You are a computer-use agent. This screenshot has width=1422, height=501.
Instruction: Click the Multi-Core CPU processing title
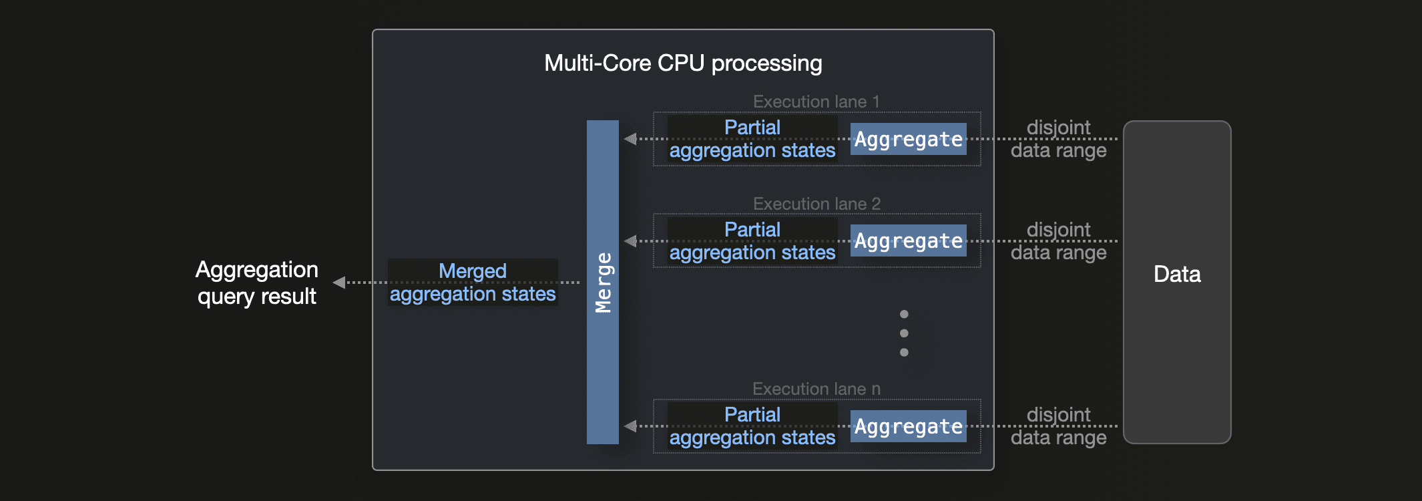pyautogui.click(x=683, y=63)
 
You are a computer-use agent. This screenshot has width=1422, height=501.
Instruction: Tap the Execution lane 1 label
pyautogui.click(x=816, y=102)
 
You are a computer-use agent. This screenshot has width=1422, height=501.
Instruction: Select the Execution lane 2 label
pyautogui.click(x=816, y=204)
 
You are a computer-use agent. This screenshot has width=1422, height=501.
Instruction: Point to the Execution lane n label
pyautogui.click(x=816, y=389)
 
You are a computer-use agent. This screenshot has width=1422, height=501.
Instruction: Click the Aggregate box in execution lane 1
pyautogui.click(x=908, y=139)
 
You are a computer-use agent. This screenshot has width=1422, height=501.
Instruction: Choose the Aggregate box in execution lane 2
pyautogui.click(x=908, y=241)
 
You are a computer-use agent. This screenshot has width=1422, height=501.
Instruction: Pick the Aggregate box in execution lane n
pyautogui.click(x=908, y=426)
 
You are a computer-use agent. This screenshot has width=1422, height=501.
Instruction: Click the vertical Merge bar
pyautogui.click(x=602, y=282)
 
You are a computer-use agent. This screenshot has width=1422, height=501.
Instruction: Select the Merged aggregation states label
pyautogui.click(x=473, y=283)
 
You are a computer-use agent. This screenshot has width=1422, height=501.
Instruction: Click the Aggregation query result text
pyautogui.click(x=257, y=283)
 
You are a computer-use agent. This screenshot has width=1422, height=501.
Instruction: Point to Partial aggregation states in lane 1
pyautogui.click(x=752, y=139)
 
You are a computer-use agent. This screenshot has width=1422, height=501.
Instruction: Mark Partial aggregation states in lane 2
pyautogui.click(x=752, y=241)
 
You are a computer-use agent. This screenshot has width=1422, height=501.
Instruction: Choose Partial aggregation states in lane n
pyautogui.click(x=752, y=426)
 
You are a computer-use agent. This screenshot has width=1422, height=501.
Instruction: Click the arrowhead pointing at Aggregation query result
pyautogui.click(x=339, y=283)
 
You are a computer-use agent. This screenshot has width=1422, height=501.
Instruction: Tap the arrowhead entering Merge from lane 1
pyautogui.click(x=630, y=139)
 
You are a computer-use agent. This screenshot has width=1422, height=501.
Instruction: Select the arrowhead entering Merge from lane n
pyautogui.click(x=630, y=426)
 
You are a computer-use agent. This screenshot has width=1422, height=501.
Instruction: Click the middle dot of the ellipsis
pyautogui.click(x=904, y=333)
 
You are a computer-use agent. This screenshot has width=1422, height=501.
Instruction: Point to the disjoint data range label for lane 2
pyautogui.click(x=1058, y=241)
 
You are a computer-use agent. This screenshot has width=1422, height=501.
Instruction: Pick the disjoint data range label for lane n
pyautogui.click(x=1058, y=426)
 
